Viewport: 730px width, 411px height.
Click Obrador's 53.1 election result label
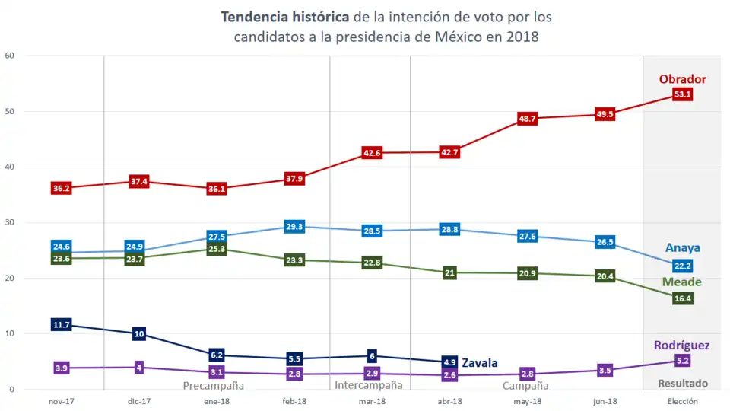(682, 94)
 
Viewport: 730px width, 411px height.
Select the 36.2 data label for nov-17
(62, 188)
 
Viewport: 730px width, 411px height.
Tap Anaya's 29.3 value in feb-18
(294, 227)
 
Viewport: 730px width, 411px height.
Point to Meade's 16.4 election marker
(682, 298)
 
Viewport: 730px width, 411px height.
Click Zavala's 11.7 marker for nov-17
(62, 325)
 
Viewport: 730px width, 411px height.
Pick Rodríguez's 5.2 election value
(682, 361)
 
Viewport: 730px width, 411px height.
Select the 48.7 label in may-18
(527, 119)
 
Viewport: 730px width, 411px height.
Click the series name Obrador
(682, 79)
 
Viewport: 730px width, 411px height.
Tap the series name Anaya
(682, 248)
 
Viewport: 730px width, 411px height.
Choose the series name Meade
(681, 282)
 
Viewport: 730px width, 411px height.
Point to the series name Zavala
(479, 363)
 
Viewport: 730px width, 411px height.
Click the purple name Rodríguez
(681, 346)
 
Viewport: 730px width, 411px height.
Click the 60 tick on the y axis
(10, 56)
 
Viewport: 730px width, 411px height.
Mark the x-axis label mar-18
(372, 401)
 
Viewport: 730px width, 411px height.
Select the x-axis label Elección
(682, 401)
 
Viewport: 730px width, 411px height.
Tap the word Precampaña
(214, 386)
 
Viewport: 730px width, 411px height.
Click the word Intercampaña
(369, 386)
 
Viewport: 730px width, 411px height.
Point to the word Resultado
(682, 384)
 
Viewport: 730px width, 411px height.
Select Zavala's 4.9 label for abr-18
(449, 362)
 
